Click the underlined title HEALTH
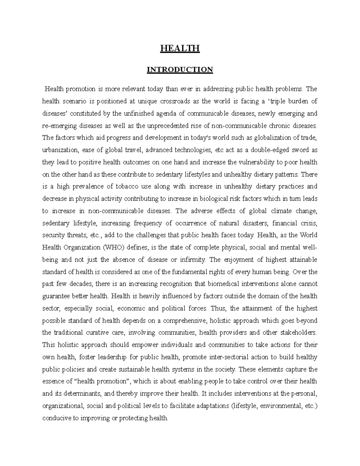[x=180, y=48]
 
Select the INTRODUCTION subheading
[x=180, y=70]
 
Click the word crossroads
[x=175, y=101]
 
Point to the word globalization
[x=272, y=138]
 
